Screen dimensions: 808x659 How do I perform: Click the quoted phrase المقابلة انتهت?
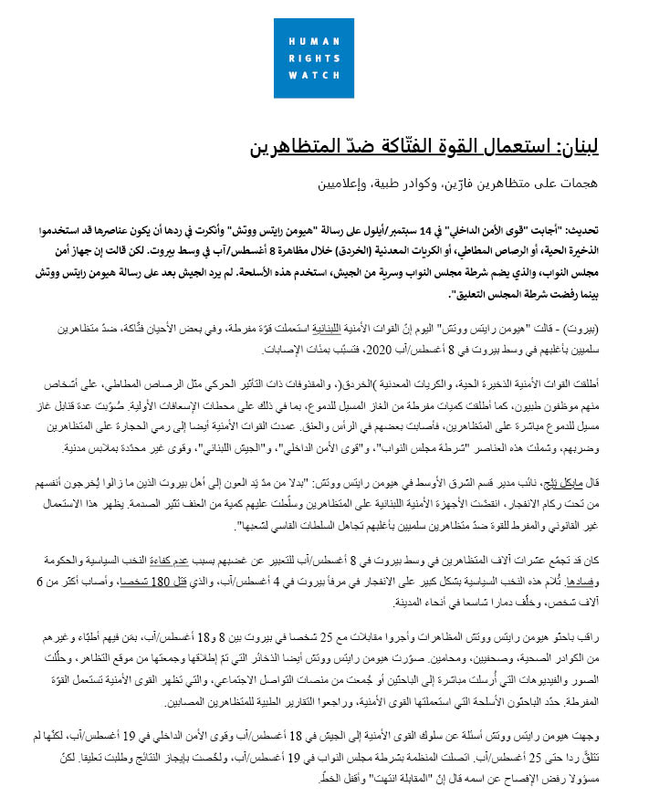(273, 778)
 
